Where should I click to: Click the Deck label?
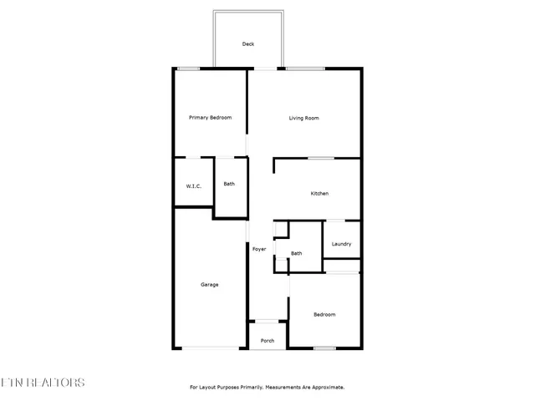(247, 43)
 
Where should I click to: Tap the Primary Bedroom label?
(210, 118)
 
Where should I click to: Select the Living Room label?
(304, 118)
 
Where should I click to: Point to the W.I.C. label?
(193, 185)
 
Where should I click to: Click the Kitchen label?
(319, 193)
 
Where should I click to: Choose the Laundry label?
(341, 244)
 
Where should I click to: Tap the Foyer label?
(259, 249)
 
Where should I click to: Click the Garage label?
(209, 285)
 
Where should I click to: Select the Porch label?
(267, 341)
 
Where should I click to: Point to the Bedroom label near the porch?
(324, 314)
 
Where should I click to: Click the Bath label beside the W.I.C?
(229, 184)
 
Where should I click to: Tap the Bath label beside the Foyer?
(296, 253)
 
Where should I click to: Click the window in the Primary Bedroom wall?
(188, 69)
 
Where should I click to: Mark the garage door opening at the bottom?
(209, 348)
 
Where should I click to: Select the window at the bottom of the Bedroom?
(324, 348)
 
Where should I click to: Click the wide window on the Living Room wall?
(306, 69)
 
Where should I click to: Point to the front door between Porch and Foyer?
(267, 321)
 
